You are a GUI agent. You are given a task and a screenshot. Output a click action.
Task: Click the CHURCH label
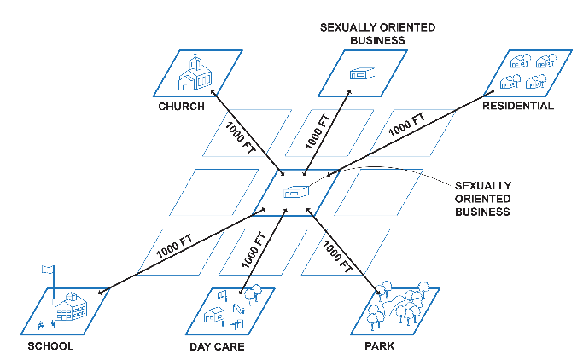point(181,107)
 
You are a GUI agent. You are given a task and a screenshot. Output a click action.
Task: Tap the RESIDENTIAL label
point(517,106)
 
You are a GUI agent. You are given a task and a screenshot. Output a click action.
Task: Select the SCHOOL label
point(50,346)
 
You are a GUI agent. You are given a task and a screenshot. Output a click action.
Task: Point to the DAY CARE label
point(217,347)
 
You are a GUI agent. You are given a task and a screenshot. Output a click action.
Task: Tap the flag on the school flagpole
point(47,270)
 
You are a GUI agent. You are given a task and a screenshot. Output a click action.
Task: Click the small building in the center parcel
point(294,192)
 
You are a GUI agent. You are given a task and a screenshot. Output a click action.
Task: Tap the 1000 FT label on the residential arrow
point(406,125)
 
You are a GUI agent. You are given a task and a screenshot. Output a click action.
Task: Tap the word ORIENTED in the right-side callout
point(483,198)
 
